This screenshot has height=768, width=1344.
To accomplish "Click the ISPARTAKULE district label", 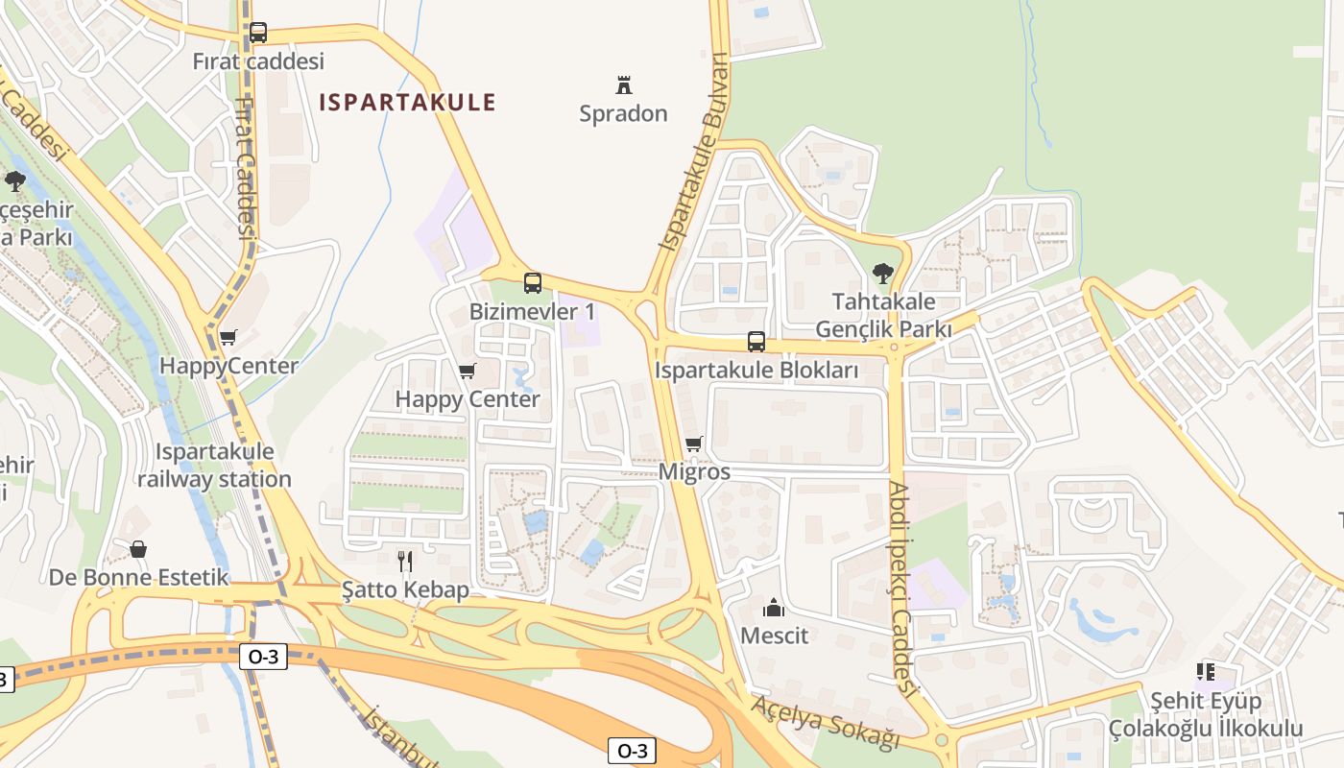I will tap(407, 102).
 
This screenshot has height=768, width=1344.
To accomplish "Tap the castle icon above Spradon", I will tap(624, 84).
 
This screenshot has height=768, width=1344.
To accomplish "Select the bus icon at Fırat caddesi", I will tap(258, 33).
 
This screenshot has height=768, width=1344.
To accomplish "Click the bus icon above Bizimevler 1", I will tap(533, 283).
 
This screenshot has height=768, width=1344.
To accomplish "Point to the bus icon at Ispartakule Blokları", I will tap(756, 342).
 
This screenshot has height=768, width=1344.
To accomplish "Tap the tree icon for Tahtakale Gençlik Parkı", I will tap(883, 274).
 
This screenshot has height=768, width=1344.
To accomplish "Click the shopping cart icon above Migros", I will tap(694, 444).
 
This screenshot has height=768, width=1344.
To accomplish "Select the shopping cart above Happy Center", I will tap(468, 371).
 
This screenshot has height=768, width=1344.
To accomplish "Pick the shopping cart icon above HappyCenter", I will tap(228, 337).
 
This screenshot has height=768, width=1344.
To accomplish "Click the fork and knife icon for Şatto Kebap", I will tap(405, 561).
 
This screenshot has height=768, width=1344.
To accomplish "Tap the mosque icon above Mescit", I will tap(774, 608).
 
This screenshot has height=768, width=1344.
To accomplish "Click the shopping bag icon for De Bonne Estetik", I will tap(138, 549).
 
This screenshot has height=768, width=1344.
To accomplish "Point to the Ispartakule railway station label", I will tap(214, 466).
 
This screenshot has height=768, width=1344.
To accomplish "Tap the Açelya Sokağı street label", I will tap(826, 722).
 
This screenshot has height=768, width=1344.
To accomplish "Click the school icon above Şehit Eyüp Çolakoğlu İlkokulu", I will tap(1206, 672).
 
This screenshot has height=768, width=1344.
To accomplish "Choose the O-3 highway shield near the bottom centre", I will tap(633, 751).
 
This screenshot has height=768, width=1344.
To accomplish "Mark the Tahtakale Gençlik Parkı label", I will tap(883, 316).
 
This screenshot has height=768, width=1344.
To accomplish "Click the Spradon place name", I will tap(623, 113).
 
